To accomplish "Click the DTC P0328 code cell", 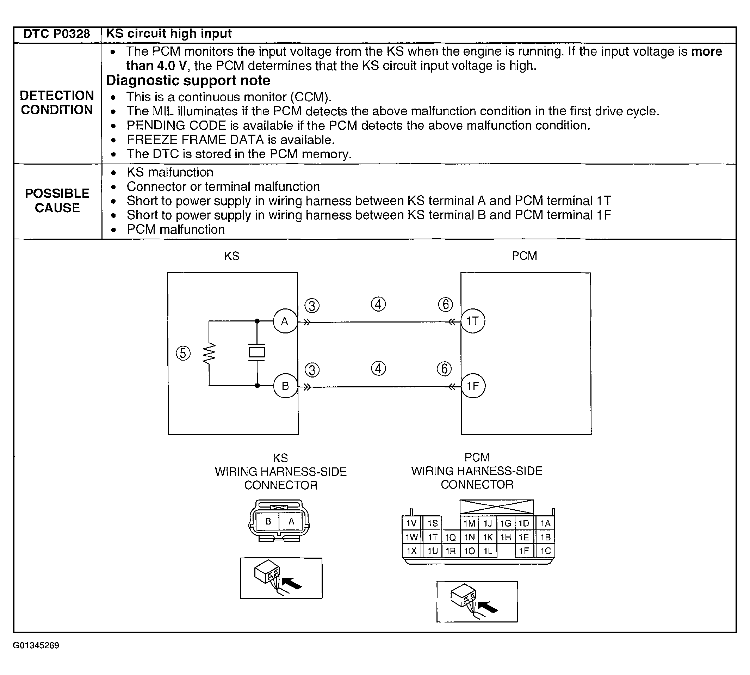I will pos(56,34).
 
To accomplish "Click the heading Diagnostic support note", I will pos(188,80).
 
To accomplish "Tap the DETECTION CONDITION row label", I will pos(57,103).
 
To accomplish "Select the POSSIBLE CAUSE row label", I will pos(57,201).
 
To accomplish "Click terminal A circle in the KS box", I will pos(285,321).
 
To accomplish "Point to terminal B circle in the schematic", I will pos(285,386).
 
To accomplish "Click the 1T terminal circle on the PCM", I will pos(473,321).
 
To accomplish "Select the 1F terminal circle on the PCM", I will pos(473,386).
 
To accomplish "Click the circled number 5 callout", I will pos(183,353).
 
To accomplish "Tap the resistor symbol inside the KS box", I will pos(209,353).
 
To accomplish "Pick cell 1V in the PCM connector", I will pos(411,523).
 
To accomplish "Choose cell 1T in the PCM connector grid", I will pos(432,537).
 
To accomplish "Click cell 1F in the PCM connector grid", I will pos(524,551).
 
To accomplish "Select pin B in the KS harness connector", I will pos(268,522).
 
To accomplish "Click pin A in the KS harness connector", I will pos(291,522).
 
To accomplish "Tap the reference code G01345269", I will pos(36,646).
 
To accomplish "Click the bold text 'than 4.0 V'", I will pos(156,66).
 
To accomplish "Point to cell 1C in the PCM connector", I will pos(545,551).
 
